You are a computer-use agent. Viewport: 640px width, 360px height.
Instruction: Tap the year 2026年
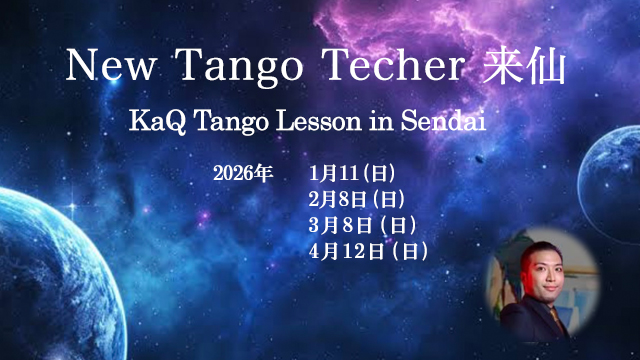[x=243, y=173]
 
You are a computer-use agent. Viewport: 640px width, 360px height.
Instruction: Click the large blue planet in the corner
[x=40, y=270]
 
